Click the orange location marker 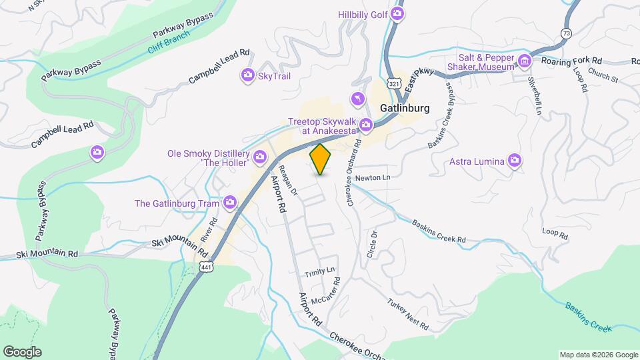pyautogui.click(x=321, y=159)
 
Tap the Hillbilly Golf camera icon pyautogui.click(x=398, y=13)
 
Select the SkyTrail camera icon pyautogui.click(x=248, y=76)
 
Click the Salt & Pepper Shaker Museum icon pyautogui.click(x=525, y=61)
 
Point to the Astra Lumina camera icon pyautogui.click(x=514, y=161)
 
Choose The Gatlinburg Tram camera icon pyautogui.click(x=231, y=202)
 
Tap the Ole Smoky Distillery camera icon pyautogui.click(x=260, y=157)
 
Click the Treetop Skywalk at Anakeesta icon pyautogui.click(x=365, y=124)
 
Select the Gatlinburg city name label pyautogui.click(x=404, y=107)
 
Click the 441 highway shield pyautogui.click(x=205, y=266)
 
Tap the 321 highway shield pyautogui.click(x=395, y=84)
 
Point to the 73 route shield pyautogui.click(x=566, y=33)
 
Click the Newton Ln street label pyautogui.click(x=372, y=178)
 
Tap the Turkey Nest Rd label pyautogui.click(x=407, y=315)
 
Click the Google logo pyautogui.click(x=22, y=351)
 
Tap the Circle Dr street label pyautogui.click(x=371, y=245)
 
